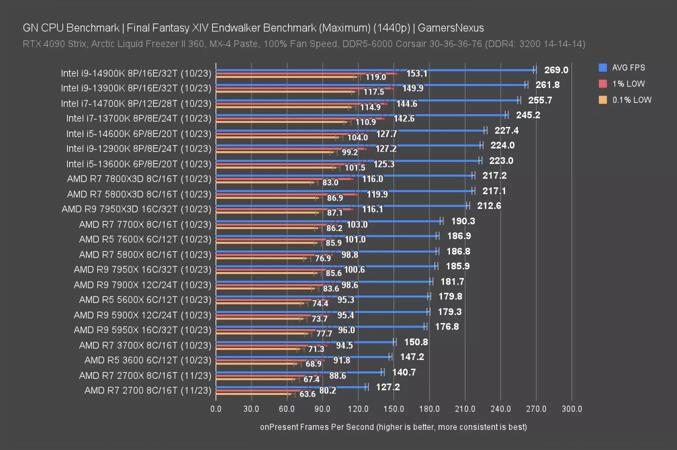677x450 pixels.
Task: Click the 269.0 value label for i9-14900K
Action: (556, 70)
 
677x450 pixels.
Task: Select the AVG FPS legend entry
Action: (628, 67)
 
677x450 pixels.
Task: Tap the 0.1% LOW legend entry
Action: (631, 100)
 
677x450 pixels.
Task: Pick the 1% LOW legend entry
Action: (628, 84)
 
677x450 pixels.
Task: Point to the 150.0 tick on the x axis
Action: (393, 408)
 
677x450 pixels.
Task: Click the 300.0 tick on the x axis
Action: (571, 408)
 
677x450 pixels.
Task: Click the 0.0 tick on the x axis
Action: (216, 408)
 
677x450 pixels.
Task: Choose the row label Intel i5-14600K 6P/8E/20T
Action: (139, 133)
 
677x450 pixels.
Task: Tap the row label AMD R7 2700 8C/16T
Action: (148, 390)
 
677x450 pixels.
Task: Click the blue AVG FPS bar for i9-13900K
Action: (370, 85)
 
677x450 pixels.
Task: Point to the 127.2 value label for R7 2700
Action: (387, 387)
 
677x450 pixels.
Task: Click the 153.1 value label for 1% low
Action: (416, 73)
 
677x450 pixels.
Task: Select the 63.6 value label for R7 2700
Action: (307, 394)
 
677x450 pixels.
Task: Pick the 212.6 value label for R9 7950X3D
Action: (488, 205)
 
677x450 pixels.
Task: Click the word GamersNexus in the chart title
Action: (450, 28)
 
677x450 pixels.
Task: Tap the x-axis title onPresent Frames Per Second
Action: (393, 427)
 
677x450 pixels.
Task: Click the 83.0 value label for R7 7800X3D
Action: (330, 182)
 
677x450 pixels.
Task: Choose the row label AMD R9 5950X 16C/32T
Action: (142, 330)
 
